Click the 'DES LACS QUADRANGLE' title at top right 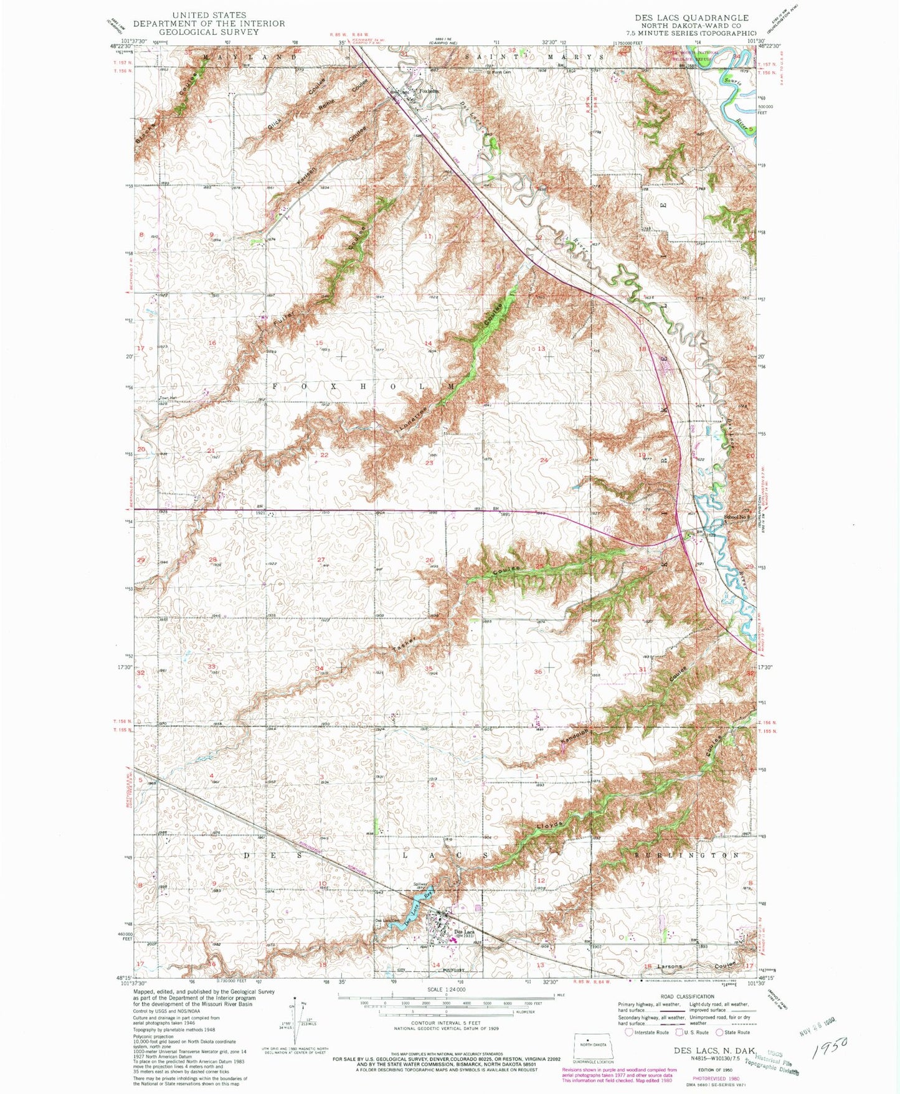click(690, 17)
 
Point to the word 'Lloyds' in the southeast click(550, 825)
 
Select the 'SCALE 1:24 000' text click(446, 989)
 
